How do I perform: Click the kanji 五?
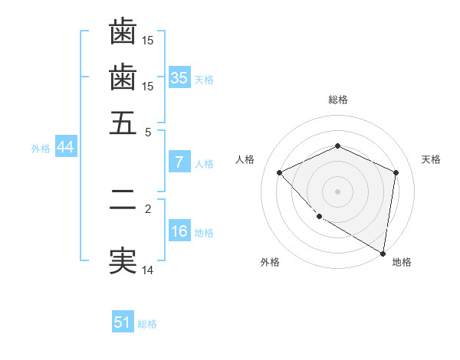pyautogui.click(x=123, y=123)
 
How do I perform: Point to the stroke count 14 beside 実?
pyautogui.click(x=148, y=269)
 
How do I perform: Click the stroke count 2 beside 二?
pyautogui.click(x=148, y=208)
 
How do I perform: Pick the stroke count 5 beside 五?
pyautogui.click(x=148, y=131)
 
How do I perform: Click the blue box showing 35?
pyautogui.click(x=179, y=78)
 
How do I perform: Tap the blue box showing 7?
pyautogui.click(x=179, y=162)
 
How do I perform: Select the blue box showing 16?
pyautogui.click(x=179, y=232)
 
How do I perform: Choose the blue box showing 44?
pyautogui.click(x=65, y=148)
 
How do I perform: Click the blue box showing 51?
pyautogui.click(x=123, y=322)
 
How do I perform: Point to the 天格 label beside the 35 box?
pyautogui.click(x=203, y=80)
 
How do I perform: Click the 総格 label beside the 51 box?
pyautogui.click(x=147, y=324)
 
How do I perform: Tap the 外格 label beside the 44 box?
pyautogui.click(x=40, y=149)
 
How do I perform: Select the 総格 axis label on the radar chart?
pyautogui.click(x=337, y=100)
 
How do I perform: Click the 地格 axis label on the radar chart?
pyautogui.click(x=402, y=262)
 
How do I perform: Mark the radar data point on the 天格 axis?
pyautogui.click(x=396, y=172)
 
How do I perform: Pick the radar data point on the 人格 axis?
pyautogui.click(x=280, y=172)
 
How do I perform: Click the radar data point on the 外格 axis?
pyautogui.click(x=319, y=217)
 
